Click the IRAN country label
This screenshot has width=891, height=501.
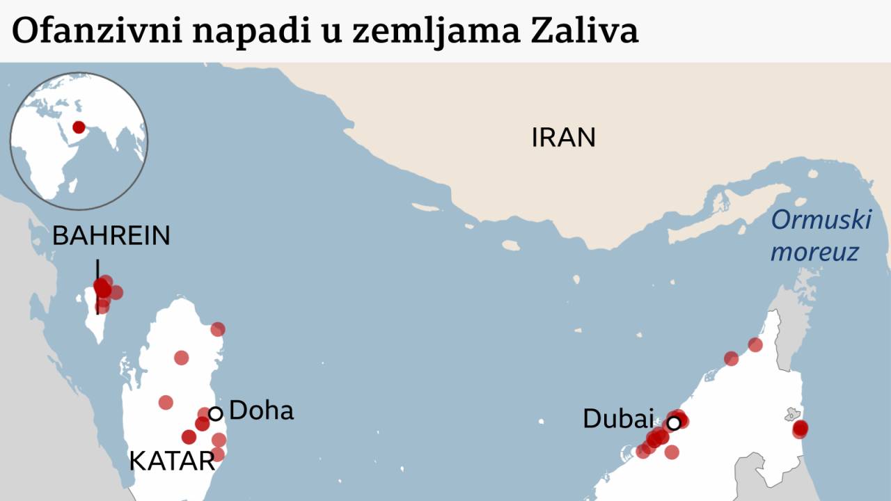(x=563, y=137)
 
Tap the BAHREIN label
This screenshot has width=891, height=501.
(x=111, y=236)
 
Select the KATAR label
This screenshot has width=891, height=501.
(x=172, y=461)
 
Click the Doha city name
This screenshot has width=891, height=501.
(x=261, y=411)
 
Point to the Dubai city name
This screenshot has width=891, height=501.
(x=618, y=419)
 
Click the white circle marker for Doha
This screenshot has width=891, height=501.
(x=216, y=413)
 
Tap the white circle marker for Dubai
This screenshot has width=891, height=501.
(x=674, y=422)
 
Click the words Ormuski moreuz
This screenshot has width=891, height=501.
(x=820, y=236)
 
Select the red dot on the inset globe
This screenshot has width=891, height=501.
(x=79, y=127)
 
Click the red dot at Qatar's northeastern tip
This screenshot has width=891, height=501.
(x=218, y=329)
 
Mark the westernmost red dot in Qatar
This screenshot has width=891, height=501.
(x=166, y=402)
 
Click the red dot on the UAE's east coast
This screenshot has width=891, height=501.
(x=800, y=429)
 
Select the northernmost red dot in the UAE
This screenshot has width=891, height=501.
(x=755, y=344)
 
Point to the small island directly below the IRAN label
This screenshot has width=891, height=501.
(x=511, y=245)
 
